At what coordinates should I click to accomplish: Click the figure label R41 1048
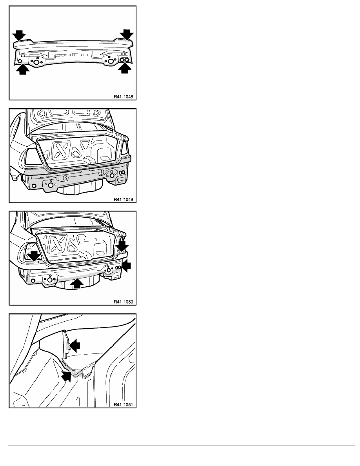point(123,96)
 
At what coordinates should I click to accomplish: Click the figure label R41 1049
point(123,199)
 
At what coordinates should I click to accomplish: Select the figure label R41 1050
point(123,302)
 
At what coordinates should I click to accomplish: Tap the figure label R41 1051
point(123,404)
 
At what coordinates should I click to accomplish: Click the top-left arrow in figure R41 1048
point(19,35)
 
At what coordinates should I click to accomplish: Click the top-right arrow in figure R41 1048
point(127,34)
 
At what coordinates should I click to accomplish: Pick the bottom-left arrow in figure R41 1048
point(23,69)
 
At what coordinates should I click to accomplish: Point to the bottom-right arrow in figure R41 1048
point(125,68)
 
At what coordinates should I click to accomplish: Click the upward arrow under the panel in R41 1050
point(76,283)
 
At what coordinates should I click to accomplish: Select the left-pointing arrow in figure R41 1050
point(126,266)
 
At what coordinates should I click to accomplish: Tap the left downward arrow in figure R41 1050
point(35,256)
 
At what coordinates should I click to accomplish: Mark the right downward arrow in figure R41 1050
point(122,246)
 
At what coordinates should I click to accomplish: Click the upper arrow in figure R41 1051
point(74,345)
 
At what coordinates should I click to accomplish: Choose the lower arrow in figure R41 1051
point(67,376)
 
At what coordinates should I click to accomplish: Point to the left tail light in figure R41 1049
point(32,157)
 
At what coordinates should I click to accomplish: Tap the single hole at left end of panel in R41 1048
point(20,61)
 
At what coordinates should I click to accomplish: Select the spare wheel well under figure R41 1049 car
point(80,189)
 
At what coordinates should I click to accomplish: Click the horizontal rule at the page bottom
point(182,446)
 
